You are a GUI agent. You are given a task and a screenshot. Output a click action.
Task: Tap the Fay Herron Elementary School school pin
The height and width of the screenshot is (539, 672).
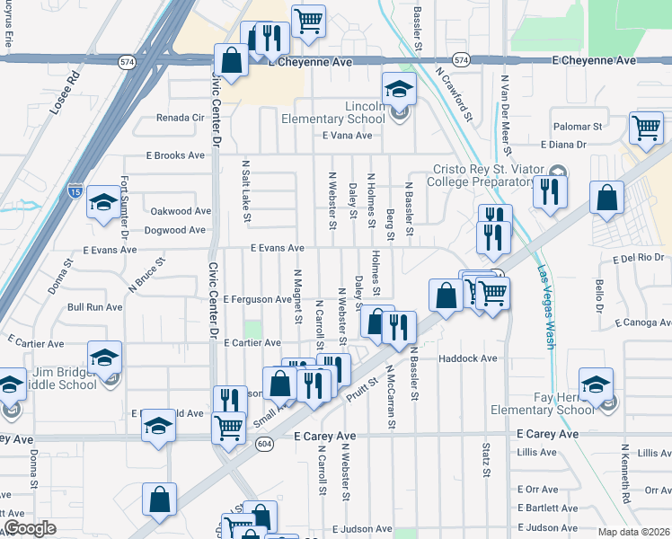[x=596, y=384]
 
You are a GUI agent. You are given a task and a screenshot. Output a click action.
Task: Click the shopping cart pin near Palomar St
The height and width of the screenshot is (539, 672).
[x=646, y=128]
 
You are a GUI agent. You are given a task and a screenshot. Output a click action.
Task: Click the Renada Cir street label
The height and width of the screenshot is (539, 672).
[x=181, y=118]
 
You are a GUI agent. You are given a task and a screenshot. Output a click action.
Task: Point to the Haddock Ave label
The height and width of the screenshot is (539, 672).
[x=467, y=358]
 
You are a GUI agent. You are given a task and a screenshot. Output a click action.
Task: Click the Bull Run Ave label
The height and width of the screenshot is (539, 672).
[x=95, y=307]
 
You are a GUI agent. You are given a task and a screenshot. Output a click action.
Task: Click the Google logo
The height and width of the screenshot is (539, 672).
[x=30, y=528]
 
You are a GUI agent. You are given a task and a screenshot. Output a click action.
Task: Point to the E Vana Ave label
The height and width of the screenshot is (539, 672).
[x=347, y=136]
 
